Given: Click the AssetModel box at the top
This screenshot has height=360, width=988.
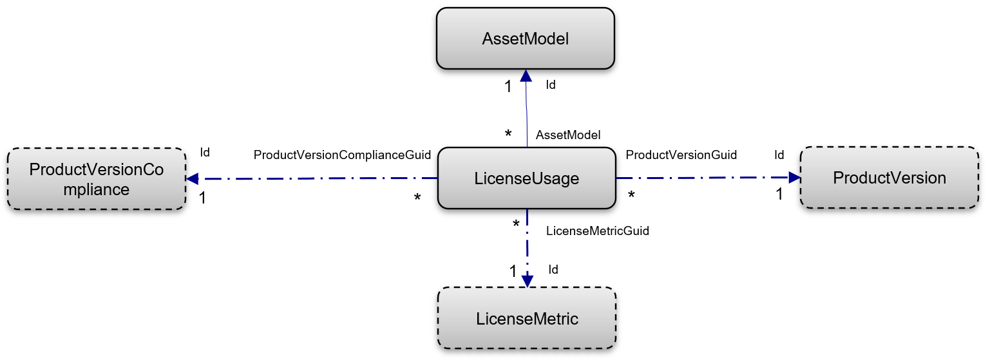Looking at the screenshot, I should tap(526, 39).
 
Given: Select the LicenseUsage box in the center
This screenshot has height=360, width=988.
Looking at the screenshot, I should tap(526, 178).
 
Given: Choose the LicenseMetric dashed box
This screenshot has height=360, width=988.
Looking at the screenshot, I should tap(527, 318).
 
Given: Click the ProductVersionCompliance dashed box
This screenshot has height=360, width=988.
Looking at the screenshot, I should tap(97, 179).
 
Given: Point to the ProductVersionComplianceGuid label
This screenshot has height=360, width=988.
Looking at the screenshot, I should tap(342, 155).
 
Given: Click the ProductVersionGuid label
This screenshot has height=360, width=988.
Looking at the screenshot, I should tap(681, 155).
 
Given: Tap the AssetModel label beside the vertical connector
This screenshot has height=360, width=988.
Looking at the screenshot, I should tap(568, 135).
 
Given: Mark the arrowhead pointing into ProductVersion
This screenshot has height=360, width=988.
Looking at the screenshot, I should tap(793, 178).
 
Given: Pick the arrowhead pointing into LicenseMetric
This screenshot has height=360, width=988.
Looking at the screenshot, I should tap(527, 281).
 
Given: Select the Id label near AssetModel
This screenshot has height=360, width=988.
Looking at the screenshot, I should tap(551, 84).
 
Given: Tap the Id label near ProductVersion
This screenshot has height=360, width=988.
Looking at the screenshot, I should tap(779, 155).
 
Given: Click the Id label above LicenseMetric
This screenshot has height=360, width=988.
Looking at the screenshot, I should tap(553, 269).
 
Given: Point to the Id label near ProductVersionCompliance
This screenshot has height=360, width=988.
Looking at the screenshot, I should tap(205, 153).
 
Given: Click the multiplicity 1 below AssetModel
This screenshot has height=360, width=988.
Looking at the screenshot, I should tap(508, 86).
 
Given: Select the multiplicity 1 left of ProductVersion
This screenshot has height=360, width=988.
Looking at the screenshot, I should tap(779, 194).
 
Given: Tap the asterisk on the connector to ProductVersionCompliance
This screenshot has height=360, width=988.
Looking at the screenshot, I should tap(417, 198).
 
